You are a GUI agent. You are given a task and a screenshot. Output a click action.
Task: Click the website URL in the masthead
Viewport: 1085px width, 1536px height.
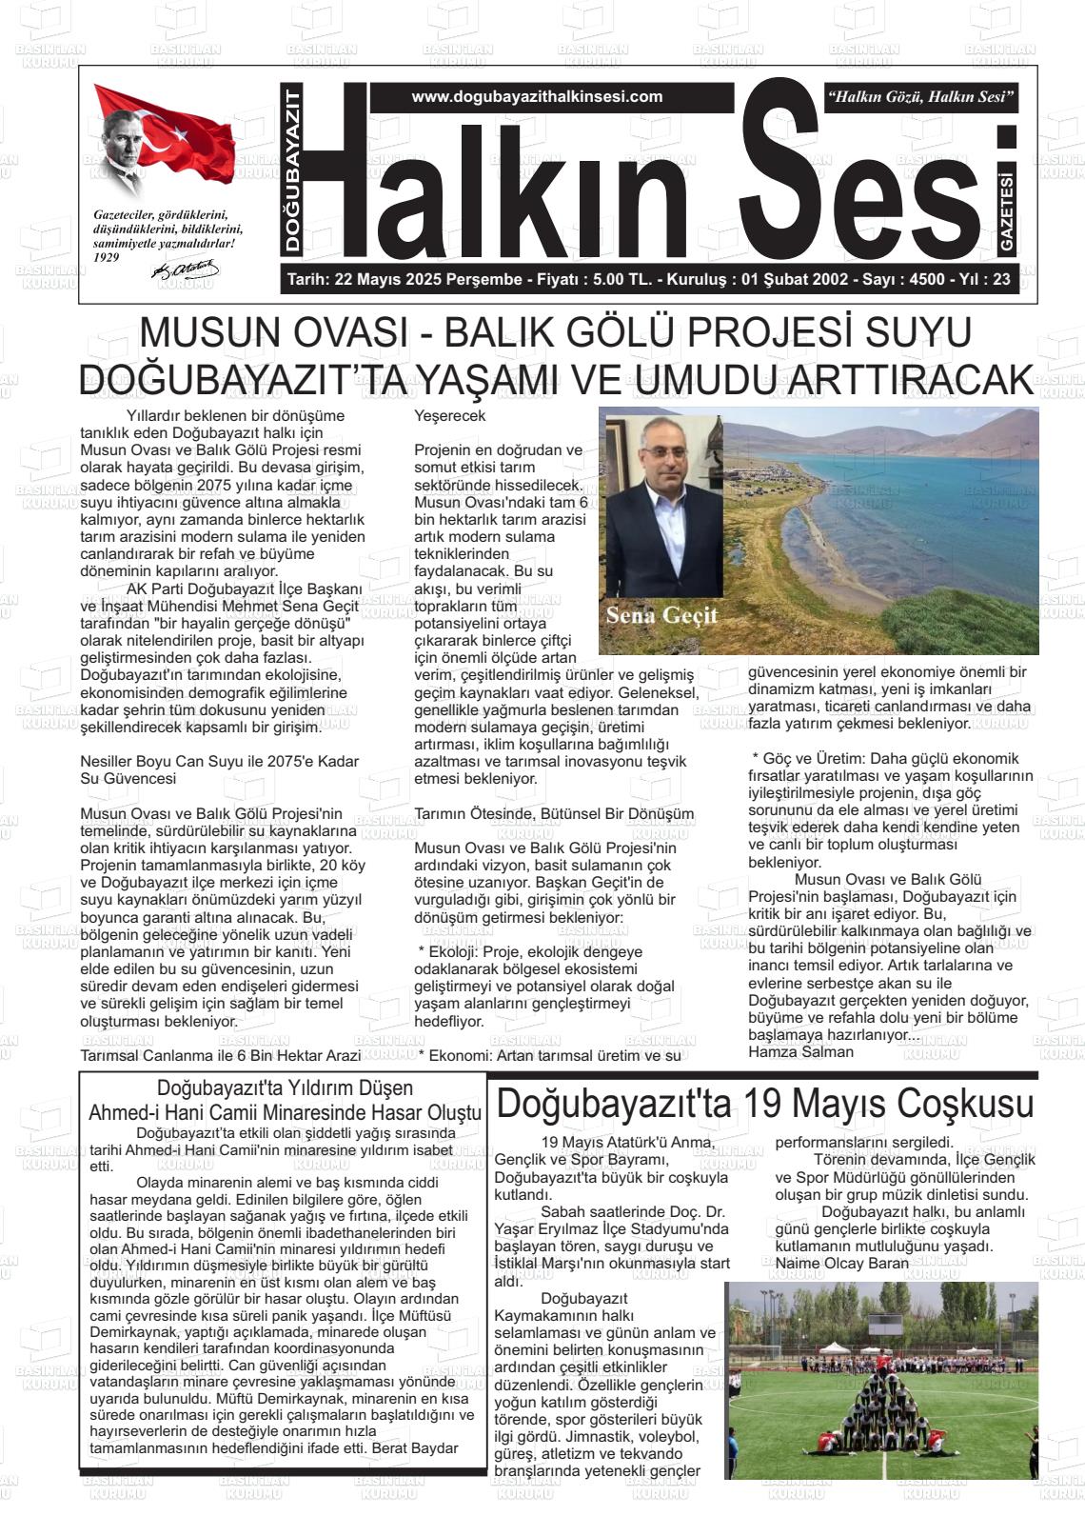[x=537, y=97]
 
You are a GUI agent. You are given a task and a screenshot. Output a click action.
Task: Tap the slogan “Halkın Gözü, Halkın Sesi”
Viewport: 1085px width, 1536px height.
[x=921, y=97]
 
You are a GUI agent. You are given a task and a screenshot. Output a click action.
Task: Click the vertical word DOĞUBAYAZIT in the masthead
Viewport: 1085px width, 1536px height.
[x=293, y=170]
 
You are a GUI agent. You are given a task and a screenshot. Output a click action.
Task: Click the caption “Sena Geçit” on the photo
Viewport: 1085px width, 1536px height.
[x=661, y=614]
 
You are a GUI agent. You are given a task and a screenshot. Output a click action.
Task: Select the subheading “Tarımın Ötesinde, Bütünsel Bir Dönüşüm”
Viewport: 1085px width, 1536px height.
[x=554, y=813]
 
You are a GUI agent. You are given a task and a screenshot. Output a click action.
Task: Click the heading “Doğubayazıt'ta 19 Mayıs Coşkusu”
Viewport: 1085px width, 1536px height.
[x=764, y=1105]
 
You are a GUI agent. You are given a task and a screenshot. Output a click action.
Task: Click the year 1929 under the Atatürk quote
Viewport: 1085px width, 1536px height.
[x=107, y=257]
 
